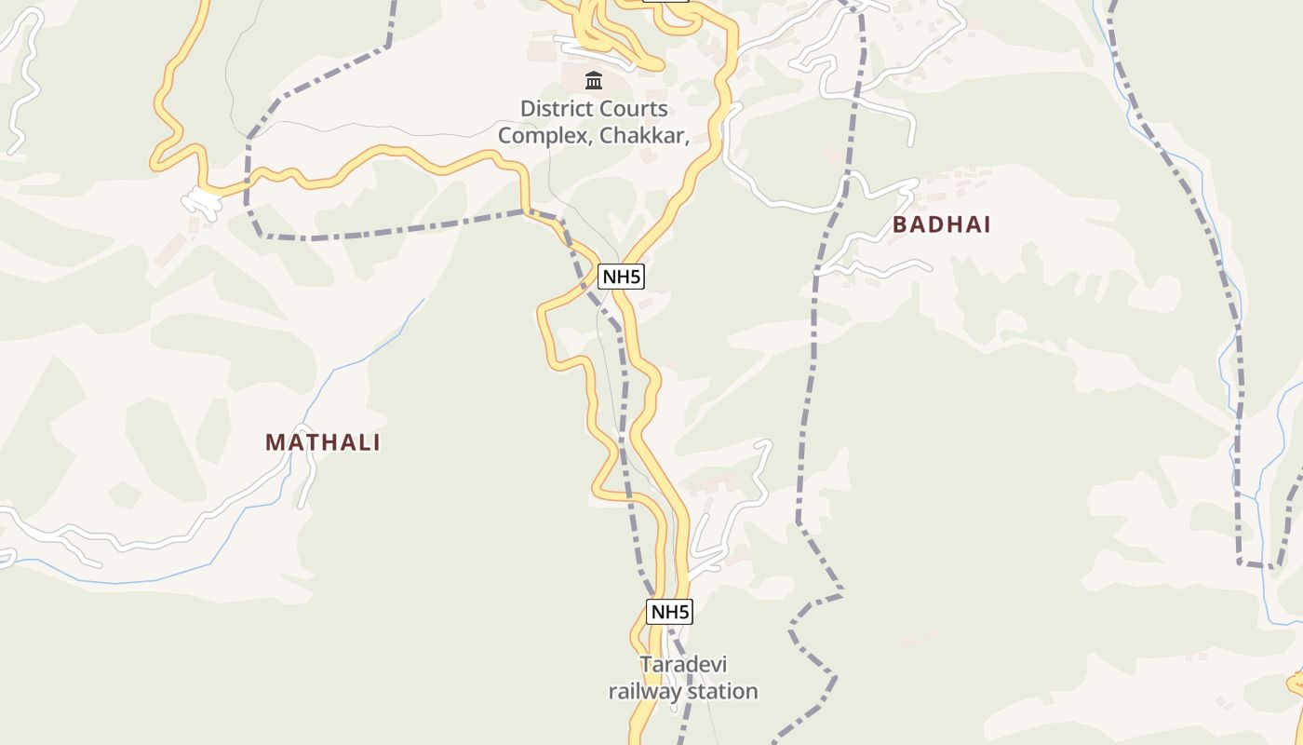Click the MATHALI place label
click(323, 442)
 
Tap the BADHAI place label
click(941, 224)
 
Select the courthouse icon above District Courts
click(594, 80)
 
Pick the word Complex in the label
click(544, 135)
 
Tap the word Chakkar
click(643, 135)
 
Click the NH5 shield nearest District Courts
click(621, 277)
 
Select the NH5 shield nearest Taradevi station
click(669, 612)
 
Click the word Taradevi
click(683, 665)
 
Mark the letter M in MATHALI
click(275, 442)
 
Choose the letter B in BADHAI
click(900, 224)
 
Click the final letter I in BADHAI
click(987, 224)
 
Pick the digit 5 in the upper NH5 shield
click(637, 277)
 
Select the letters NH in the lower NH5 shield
click(663, 612)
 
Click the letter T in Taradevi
click(645, 665)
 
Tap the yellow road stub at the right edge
click(1295, 685)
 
